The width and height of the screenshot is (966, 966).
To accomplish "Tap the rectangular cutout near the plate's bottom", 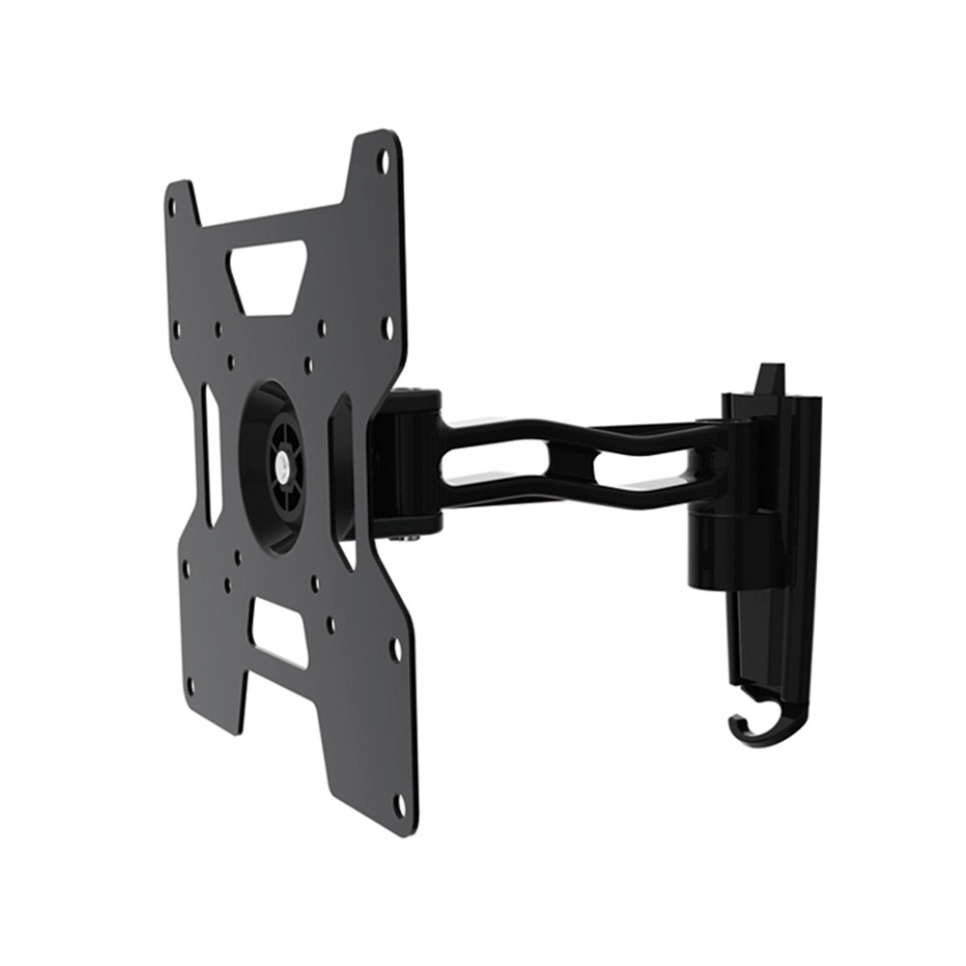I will pos(280,633).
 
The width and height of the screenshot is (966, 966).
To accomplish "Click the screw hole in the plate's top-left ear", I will pos(173,206).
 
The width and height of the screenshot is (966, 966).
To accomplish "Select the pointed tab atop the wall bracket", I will pos(770,378).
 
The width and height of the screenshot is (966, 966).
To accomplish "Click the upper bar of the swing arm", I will pos(580,428).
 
